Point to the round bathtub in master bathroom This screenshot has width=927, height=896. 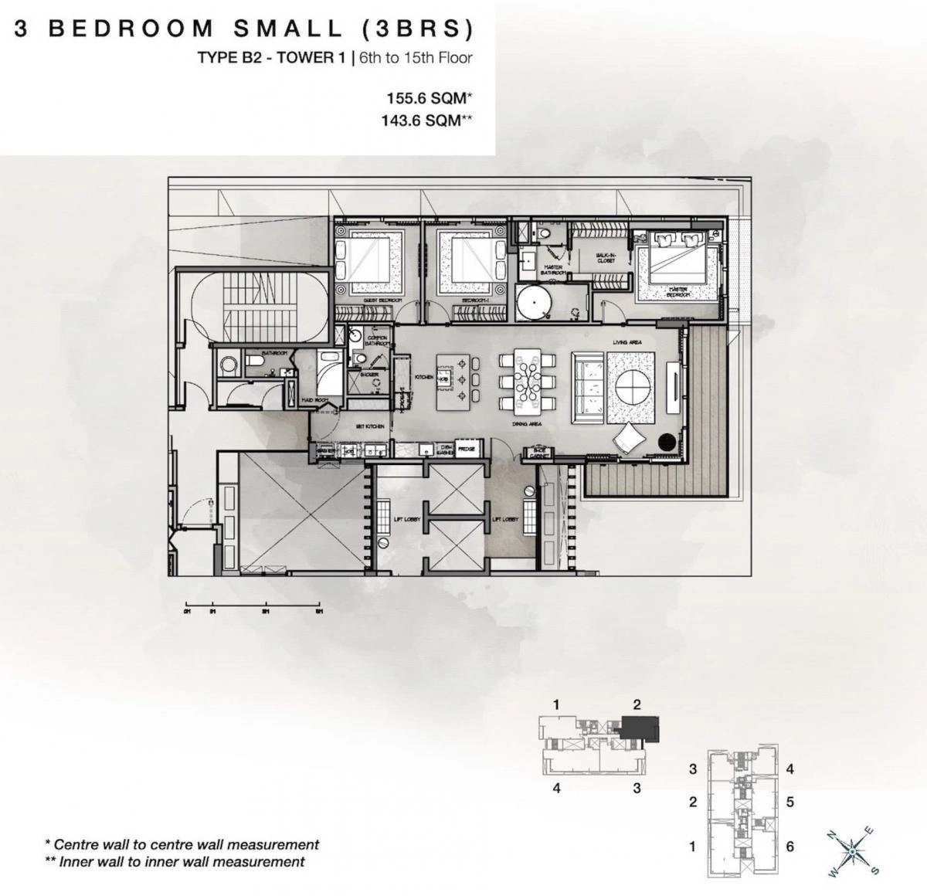coord(531,302)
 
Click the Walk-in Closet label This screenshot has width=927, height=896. coord(607,258)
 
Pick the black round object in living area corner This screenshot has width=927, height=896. coord(666,442)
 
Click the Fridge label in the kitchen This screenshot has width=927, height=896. coord(466,448)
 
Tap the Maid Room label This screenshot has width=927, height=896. coord(314,400)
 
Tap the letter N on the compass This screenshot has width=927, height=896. coord(831,834)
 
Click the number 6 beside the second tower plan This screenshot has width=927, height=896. coord(789,847)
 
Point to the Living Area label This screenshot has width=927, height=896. coord(627,342)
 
